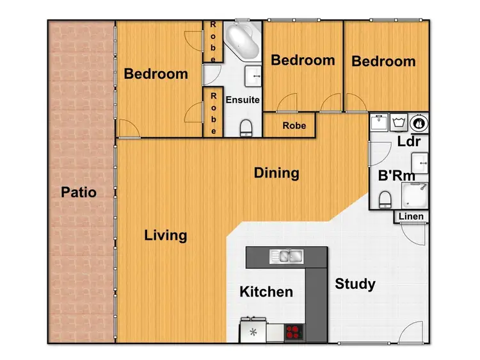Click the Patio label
tap(79, 192)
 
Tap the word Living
tap(165, 235)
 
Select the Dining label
tap(276, 173)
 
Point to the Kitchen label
tap(266, 292)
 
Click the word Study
tap(355, 284)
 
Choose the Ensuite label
tap(243, 100)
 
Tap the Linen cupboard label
tap(411, 217)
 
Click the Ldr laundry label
tap(408, 141)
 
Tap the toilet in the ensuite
tap(246, 129)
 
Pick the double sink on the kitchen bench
tap(286, 256)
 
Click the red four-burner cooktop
tap(293, 332)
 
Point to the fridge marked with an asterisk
tap(253, 332)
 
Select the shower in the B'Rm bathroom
tap(413, 193)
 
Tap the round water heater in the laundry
tap(420, 121)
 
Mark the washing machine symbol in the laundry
tap(399, 121)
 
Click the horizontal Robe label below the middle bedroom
tap(294, 126)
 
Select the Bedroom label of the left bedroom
tap(156, 74)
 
